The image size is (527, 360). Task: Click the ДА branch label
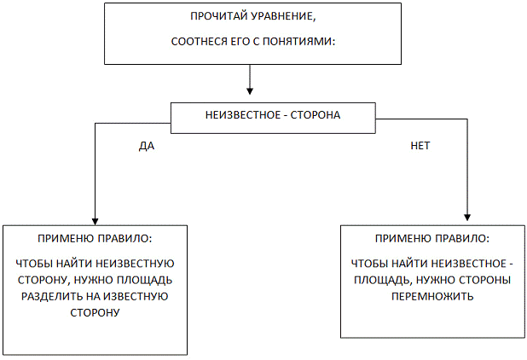click(147, 146)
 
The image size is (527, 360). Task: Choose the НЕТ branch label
click(420, 146)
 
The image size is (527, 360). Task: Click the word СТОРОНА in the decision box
click(316, 115)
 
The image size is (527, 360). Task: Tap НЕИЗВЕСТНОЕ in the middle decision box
click(243, 115)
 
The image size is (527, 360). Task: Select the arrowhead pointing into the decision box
click(249, 90)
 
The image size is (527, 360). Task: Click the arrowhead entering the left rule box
click(96, 222)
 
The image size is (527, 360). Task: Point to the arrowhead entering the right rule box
click(467, 218)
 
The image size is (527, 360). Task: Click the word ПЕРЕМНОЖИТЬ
click(432, 297)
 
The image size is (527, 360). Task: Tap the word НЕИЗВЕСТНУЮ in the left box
click(135, 264)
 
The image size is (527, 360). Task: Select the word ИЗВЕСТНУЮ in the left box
click(136, 297)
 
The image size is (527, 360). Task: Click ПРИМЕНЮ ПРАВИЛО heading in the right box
click(432, 238)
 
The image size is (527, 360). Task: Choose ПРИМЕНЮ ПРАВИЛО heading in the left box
click(95, 238)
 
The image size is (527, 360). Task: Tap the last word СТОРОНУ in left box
click(95, 312)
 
